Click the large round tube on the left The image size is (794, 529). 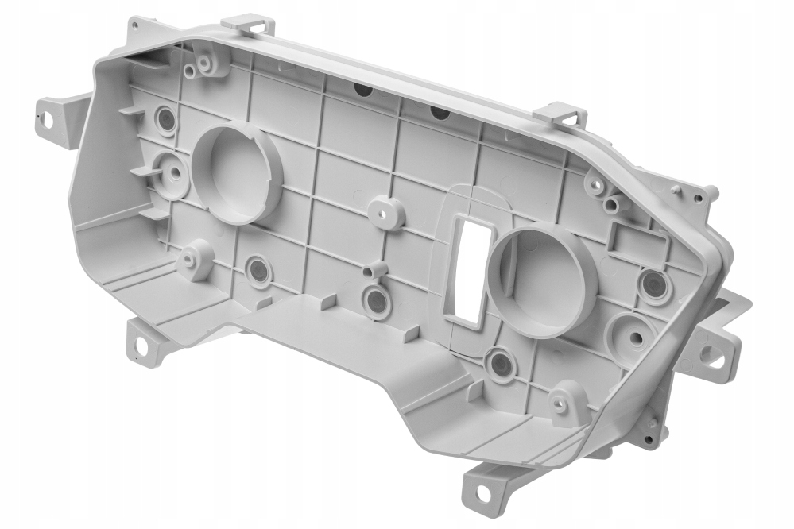(x=236, y=173)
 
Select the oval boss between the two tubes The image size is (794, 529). (x=386, y=213)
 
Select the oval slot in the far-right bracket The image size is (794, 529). (x=711, y=356)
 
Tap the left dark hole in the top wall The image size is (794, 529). (x=362, y=88)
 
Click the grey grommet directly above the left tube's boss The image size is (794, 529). (x=166, y=119)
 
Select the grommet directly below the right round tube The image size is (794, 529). (x=501, y=365)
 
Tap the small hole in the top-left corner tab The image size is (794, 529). (x=134, y=25)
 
